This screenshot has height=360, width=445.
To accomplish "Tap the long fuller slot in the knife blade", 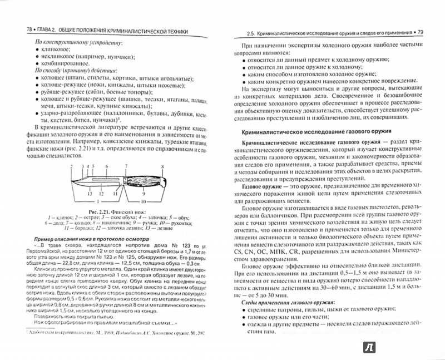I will click(106, 179).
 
